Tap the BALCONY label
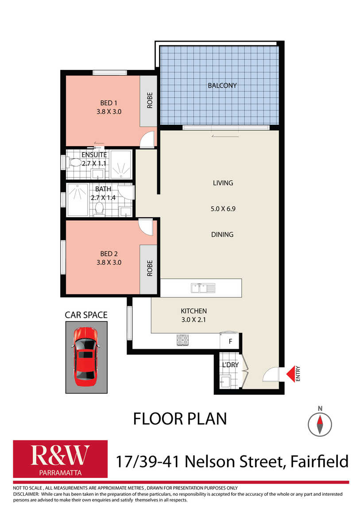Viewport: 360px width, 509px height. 222,86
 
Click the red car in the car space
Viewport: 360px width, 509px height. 86,356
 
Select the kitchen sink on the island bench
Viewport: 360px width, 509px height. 203,288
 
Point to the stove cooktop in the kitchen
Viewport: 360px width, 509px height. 183,340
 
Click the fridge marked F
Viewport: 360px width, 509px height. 230,341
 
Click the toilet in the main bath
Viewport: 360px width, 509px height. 99,209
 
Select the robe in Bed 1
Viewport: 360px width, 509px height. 148,101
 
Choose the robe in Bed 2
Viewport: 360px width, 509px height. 148,269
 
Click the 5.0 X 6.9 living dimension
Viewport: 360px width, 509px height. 223,209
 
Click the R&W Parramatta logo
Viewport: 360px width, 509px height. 60,459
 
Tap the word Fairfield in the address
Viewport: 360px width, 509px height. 319,461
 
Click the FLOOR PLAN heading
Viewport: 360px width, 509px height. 180,419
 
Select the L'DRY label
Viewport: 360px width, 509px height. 230,365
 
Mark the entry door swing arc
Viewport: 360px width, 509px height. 271,374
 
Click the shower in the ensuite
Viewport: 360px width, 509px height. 121,164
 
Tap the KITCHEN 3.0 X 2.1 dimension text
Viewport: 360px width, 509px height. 194,315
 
